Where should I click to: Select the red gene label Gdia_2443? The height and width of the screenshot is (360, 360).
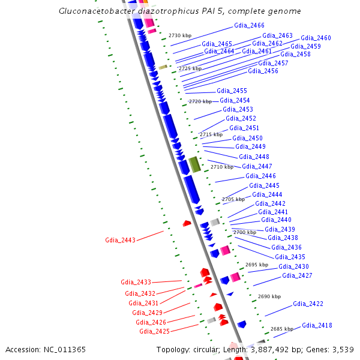(x=120, y=240)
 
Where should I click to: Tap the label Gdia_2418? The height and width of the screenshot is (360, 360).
(x=317, y=325)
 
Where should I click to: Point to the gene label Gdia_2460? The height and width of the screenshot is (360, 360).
(x=316, y=38)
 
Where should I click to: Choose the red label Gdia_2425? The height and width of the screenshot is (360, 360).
(x=154, y=331)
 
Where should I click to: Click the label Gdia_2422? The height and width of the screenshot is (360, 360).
(x=308, y=304)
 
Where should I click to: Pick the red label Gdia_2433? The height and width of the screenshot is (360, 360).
(x=136, y=281)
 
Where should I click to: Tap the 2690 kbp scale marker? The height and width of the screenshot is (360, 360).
(x=269, y=296)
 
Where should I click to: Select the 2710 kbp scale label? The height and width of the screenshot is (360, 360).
(x=221, y=167)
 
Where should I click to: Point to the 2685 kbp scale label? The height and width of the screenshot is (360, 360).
(x=281, y=329)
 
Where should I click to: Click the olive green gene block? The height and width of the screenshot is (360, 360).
(x=194, y=164)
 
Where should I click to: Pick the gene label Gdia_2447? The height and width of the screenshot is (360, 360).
(x=257, y=166)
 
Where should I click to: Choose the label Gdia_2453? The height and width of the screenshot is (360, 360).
(x=238, y=109)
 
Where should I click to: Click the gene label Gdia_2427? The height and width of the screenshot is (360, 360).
(x=297, y=275)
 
